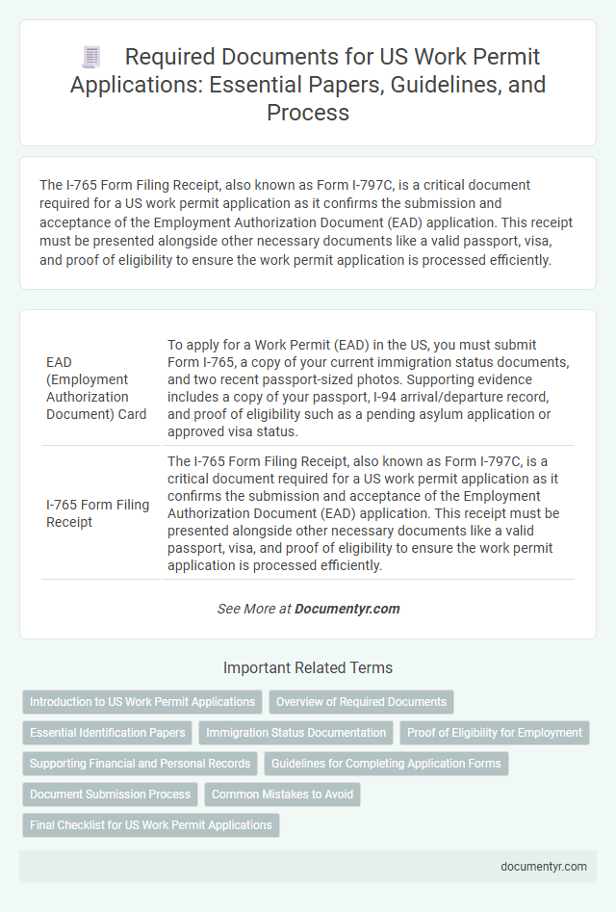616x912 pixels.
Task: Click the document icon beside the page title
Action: click(x=91, y=57)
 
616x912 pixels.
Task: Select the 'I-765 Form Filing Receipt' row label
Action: click(x=96, y=513)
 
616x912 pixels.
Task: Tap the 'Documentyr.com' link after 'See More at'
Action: click(x=346, y=609)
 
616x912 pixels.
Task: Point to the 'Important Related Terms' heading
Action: click(x=308, y=667)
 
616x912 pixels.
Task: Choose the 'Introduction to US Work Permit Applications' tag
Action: click(x=142, y=702)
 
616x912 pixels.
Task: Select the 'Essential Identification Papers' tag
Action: click(x=108, y=733)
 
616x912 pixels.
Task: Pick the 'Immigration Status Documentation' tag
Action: click(x=296, y=733)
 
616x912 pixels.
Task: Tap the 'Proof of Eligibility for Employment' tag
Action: click(x=495, y=733)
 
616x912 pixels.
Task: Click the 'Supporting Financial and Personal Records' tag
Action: click(x=140, y=764)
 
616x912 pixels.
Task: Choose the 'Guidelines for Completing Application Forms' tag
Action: click(x=386, y=764)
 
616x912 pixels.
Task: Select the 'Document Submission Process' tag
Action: click(x=110, y=795)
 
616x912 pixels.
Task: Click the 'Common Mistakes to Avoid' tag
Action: click(x=282, y=795)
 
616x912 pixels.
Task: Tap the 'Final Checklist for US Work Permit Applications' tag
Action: click(x=151, y=825)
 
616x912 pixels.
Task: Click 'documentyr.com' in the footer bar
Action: click(x=544, y=866)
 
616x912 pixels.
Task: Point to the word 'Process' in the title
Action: click(x=308, y=114)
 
